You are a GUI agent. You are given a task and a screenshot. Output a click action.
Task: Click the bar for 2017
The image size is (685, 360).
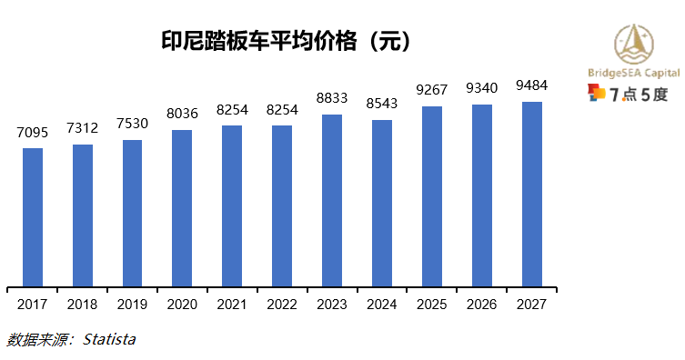[33, 217]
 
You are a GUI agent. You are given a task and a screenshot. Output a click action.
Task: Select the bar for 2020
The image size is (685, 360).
[182, 208]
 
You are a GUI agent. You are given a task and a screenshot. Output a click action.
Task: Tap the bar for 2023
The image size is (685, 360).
[332, 201]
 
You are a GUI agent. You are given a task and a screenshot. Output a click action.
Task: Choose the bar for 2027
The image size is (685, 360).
[531, 195]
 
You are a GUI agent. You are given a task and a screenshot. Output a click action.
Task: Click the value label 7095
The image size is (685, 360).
[33, 134]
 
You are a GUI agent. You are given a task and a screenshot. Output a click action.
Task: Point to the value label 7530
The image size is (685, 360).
[132, 125]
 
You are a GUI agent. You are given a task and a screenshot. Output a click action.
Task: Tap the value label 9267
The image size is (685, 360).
[432, 91]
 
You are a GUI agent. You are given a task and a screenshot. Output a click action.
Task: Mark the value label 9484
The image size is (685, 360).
[531, 86]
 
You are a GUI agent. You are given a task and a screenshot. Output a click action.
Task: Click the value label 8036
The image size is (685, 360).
[182, 115]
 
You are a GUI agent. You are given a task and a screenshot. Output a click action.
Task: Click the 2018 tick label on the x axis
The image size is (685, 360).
[83, 305]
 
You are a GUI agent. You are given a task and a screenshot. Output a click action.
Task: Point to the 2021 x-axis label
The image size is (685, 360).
[232, 305]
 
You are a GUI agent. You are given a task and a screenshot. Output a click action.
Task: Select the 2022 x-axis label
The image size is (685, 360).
[282, 305]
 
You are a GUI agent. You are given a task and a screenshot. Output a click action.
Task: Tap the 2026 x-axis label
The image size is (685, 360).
[481, 305]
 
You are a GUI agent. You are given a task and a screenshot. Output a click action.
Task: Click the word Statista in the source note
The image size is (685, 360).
[109, 340]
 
